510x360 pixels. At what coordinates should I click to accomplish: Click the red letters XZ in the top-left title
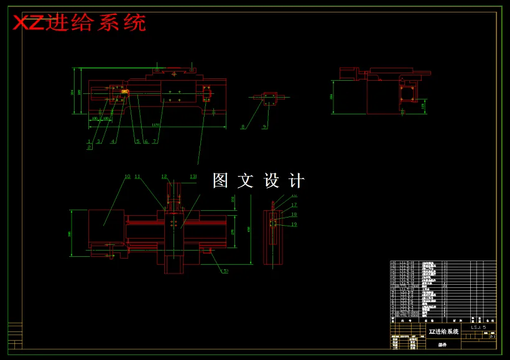[x=29, y=23]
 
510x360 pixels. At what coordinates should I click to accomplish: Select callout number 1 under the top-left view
[x=89, y=142]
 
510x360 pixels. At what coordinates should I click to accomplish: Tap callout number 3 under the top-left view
[x=98, y=142]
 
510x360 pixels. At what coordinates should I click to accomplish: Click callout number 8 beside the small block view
[x=243, y=127]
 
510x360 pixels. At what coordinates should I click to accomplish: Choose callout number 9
[x=264, y=127]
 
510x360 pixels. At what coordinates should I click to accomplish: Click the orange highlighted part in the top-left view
[x=125, y=91]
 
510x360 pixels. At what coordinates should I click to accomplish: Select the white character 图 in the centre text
[x=221, y=180]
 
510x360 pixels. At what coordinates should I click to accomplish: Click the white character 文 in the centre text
[x=246, y=180]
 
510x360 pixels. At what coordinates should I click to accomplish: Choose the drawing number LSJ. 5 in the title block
[x=478, y=327]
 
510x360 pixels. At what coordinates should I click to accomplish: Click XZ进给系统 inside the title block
[x=443, y=332]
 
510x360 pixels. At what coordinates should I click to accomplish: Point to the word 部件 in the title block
[x=442, y=344]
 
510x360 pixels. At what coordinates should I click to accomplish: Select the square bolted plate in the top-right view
[x=408, y=93]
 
